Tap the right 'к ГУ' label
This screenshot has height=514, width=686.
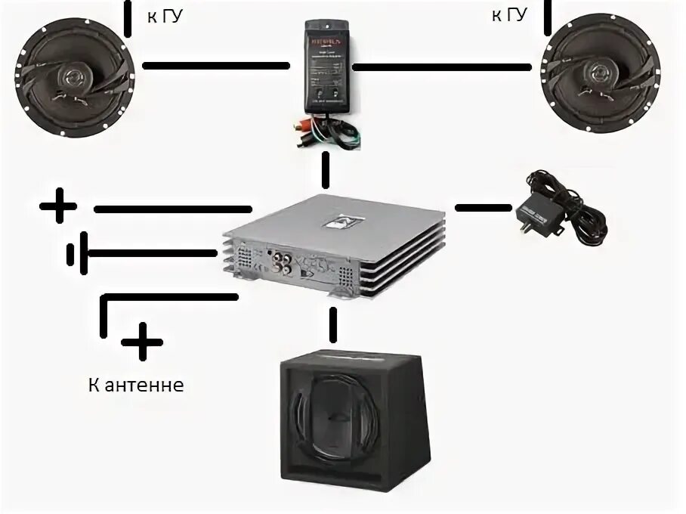coord(509,14)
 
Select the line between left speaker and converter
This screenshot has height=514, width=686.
coord(216,66)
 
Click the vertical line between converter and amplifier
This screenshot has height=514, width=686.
coord(326,169)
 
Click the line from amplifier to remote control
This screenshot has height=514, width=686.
coord(484,206)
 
